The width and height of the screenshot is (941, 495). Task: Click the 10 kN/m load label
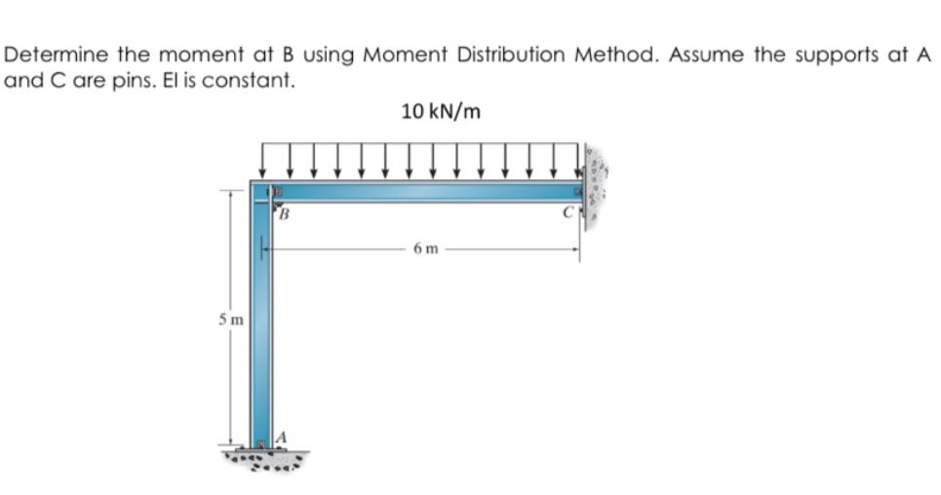click(x=441, y=111)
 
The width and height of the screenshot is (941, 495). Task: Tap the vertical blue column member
click(x=261, y=322)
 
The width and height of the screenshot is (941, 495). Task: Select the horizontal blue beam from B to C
click(x=429, y=191)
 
